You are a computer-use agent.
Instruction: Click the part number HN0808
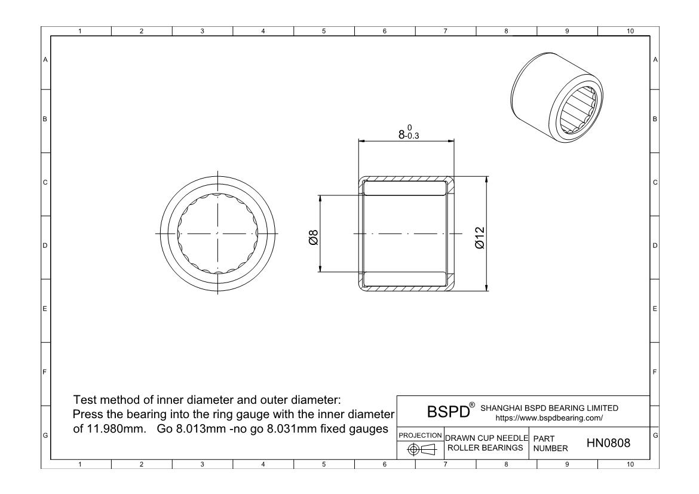608,443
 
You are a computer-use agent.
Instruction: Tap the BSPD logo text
449,411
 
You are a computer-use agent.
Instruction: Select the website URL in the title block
549,418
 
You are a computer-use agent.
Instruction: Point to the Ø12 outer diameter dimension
480,238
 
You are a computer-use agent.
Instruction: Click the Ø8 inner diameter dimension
314,237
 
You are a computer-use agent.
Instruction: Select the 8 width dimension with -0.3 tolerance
408,133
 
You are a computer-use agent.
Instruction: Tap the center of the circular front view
217,233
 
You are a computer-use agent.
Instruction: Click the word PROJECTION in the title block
420,435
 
